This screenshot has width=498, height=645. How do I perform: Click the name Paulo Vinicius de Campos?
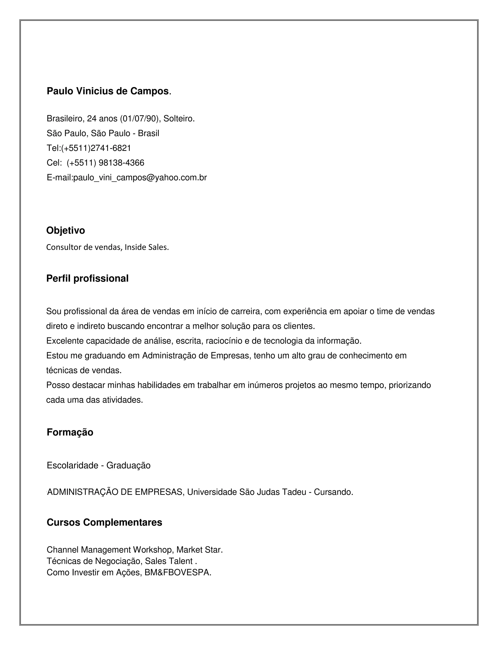tap(108, 91)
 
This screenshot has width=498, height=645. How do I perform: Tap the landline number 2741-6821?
tap(111, 148)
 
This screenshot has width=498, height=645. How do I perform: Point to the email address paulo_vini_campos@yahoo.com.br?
tap(140, 177)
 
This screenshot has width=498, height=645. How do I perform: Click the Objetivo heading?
tap(65, 230)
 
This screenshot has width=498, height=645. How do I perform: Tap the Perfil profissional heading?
tap(87, 278)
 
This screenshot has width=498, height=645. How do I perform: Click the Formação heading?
tap(70, 432)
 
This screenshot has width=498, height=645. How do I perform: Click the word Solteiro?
tap(179, 119)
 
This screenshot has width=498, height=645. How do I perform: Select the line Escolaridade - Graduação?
tap(98, 465)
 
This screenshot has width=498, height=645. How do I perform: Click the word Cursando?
tap(333, 492)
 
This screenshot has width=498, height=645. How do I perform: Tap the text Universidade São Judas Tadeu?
tap(246, 492)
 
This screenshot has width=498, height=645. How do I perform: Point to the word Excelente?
tap(65, 341)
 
